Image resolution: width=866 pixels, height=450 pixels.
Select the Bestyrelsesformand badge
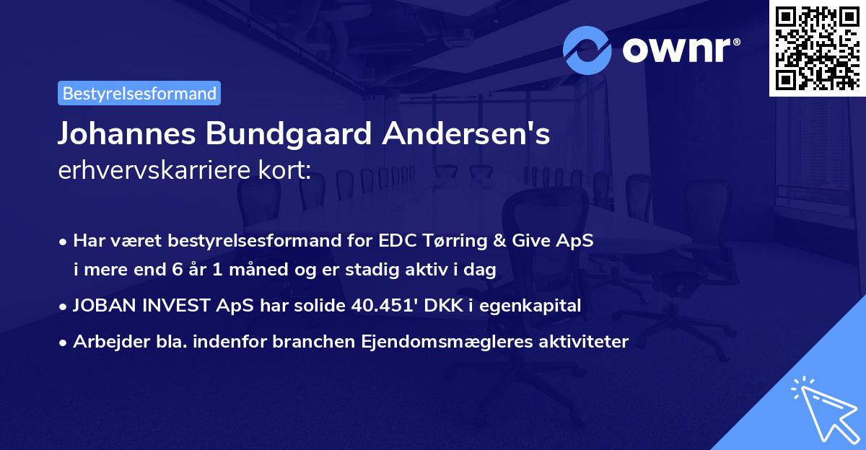point(139,93)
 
